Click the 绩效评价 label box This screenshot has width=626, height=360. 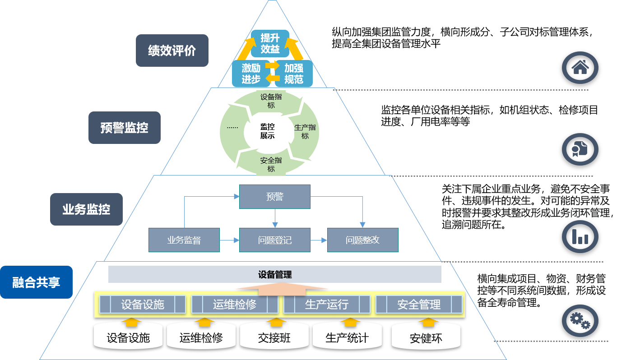pos(172,51)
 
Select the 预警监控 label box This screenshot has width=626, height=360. pos(124,128)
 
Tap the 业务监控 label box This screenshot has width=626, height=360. pos(86,209)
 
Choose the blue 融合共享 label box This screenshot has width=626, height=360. pos(36,282)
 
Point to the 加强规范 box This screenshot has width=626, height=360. pos(293,74)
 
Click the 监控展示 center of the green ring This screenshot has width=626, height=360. pos(267,131)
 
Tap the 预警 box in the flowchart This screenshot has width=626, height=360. pos(274,196)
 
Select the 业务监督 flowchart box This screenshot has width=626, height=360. pos(184,240)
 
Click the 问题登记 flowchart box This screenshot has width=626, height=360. pos(274,240)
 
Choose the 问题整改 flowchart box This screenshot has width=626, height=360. pos(362,240)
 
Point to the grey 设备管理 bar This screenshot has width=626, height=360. pos(274,274)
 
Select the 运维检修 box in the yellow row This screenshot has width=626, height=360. pos(234,305)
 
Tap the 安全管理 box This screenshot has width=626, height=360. pos(419,305)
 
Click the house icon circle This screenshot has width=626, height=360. pos(580,68)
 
